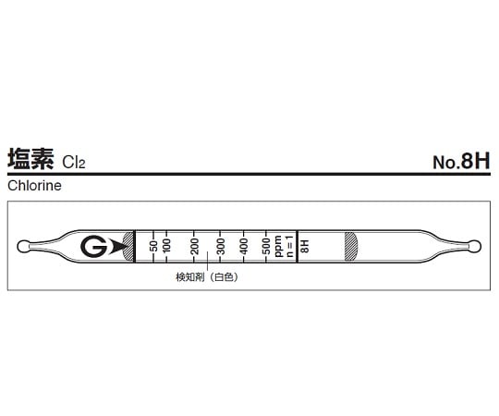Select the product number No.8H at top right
460,161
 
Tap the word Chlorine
34,185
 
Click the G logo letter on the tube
93,247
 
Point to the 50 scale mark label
152,246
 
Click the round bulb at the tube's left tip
23,246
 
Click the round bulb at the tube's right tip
474,246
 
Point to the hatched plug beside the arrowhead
128,247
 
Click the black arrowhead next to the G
115,247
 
